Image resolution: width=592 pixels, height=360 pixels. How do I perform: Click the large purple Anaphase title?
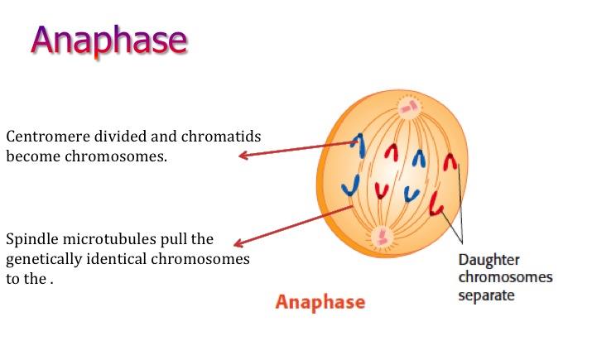(x=109, y=41)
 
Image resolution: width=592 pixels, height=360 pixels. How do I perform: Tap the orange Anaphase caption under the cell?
(x=320, y=302)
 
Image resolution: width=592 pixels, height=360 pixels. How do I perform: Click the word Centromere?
(x=48, y=137)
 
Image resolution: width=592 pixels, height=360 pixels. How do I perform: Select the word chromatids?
(x=221, y=137)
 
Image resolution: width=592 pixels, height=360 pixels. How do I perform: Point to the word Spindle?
(x=31, y=239)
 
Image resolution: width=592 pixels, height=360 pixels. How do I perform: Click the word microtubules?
(x=109, y=239)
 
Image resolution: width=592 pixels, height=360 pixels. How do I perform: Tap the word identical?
(x=116, y=259)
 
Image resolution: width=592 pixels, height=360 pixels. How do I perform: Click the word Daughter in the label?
(x=489, y=261)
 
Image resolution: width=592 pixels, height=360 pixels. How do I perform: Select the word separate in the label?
(x=486, y=295)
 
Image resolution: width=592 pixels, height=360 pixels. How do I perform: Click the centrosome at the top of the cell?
(x=409, y=107)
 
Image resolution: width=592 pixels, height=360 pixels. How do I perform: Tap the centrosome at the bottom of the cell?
(x=382, y=237)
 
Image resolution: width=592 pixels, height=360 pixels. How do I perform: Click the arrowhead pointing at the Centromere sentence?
(x=243, y=155)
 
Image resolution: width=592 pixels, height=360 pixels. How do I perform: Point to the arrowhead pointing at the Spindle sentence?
(x=238, y=244)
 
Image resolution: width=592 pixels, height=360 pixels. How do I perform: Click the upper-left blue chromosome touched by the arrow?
(x=360, y=146)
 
